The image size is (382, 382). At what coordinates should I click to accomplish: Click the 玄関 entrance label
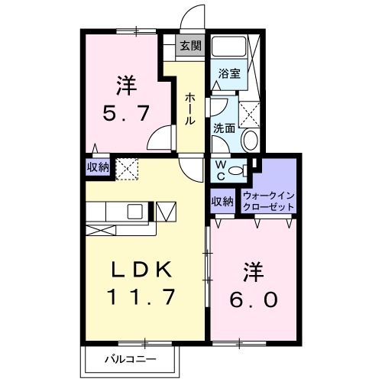[190, 46]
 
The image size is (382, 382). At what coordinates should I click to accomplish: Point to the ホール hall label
[189, 109]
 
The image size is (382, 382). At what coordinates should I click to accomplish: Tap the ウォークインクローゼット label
[267, 200]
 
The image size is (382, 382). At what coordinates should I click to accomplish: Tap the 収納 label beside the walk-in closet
[222, 201]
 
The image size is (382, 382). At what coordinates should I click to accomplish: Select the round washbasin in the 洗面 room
[250, 141]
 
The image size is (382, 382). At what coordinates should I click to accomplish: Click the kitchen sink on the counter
[134, 211]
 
